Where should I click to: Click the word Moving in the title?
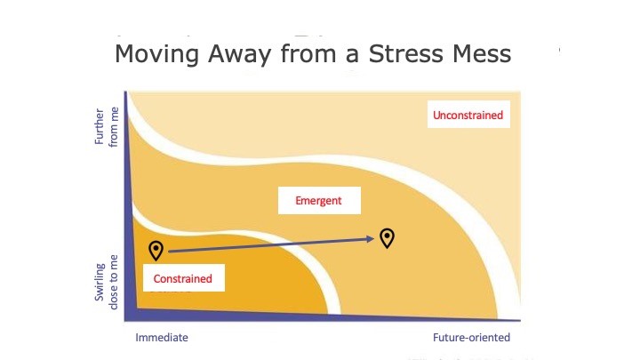(x=157, y=54)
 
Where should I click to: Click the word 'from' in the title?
(x=309, y=54)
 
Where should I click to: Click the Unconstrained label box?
(x=468, y=115)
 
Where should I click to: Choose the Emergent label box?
(x=319, y=200)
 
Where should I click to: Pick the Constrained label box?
(x=184, y=278)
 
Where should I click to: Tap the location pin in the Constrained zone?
(x=156, y=250)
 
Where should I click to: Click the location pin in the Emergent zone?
(x=387, y=237)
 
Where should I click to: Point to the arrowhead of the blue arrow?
(x=370, y=239)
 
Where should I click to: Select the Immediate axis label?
(x=162, y=338)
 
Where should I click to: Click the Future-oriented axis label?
(x=471, y=338)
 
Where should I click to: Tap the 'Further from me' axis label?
(x=107, y=126)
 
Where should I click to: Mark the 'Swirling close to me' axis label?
(x=107, y=283)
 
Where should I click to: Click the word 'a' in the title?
(x=353, y=56)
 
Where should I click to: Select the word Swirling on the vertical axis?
(x=100, y=283)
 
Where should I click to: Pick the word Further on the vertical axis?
(x=100, y=126)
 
